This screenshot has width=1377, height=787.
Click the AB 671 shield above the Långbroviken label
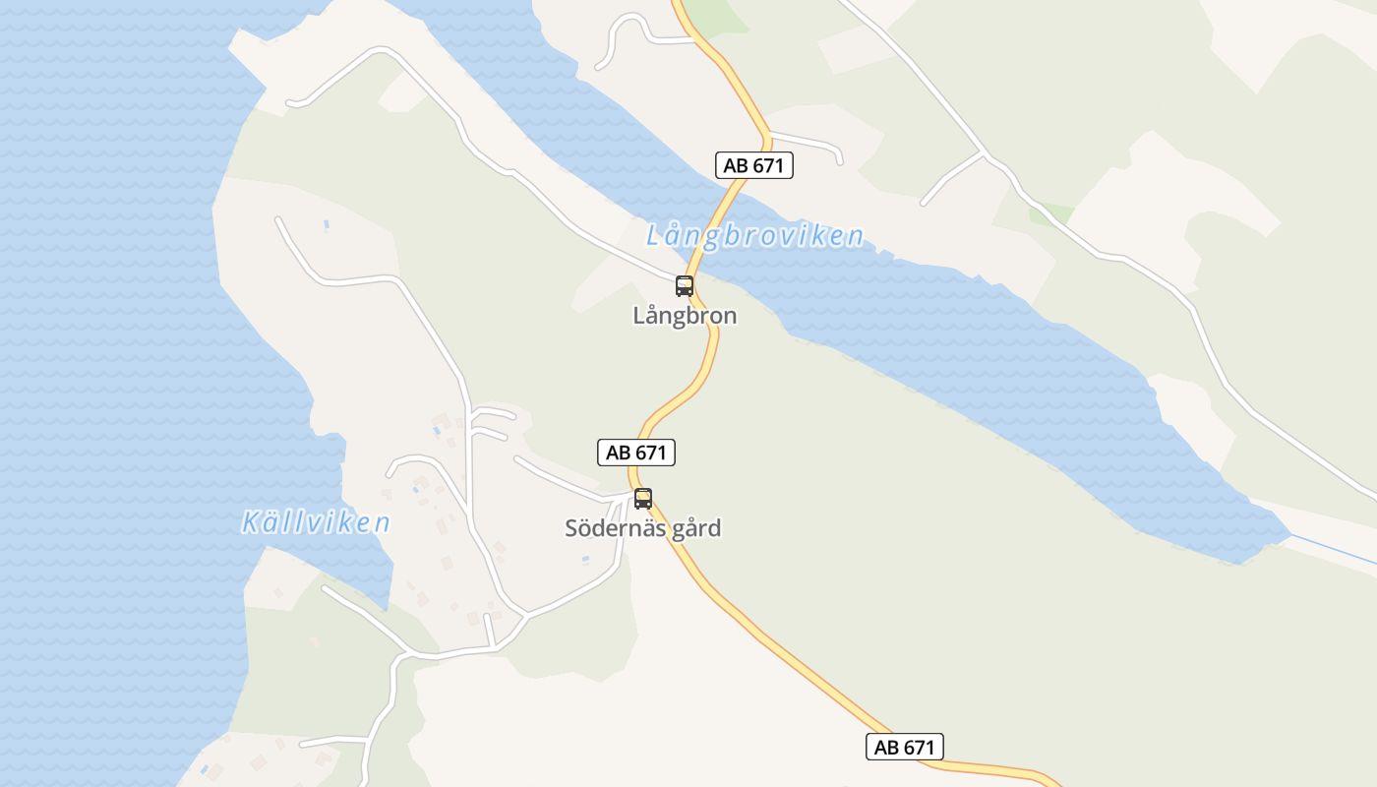[753, 165]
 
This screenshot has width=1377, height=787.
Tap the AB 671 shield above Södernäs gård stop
[635, 453]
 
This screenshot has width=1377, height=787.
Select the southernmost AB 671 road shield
[904, 747]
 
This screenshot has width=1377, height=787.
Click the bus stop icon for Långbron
[684, 286]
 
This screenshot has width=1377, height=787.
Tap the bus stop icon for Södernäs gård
[642, 499]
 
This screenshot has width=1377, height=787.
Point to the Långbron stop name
[685, 317]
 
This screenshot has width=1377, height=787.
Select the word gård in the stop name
[696, 529]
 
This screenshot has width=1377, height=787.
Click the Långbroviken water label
[754, 236]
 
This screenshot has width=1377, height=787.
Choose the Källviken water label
[316, 522]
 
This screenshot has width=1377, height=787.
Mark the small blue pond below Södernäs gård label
[585, 560]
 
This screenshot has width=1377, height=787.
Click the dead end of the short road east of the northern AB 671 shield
[841, 161]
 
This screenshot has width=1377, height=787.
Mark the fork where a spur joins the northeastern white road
[984, 153]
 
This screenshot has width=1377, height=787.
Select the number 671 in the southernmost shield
[918, 747]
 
